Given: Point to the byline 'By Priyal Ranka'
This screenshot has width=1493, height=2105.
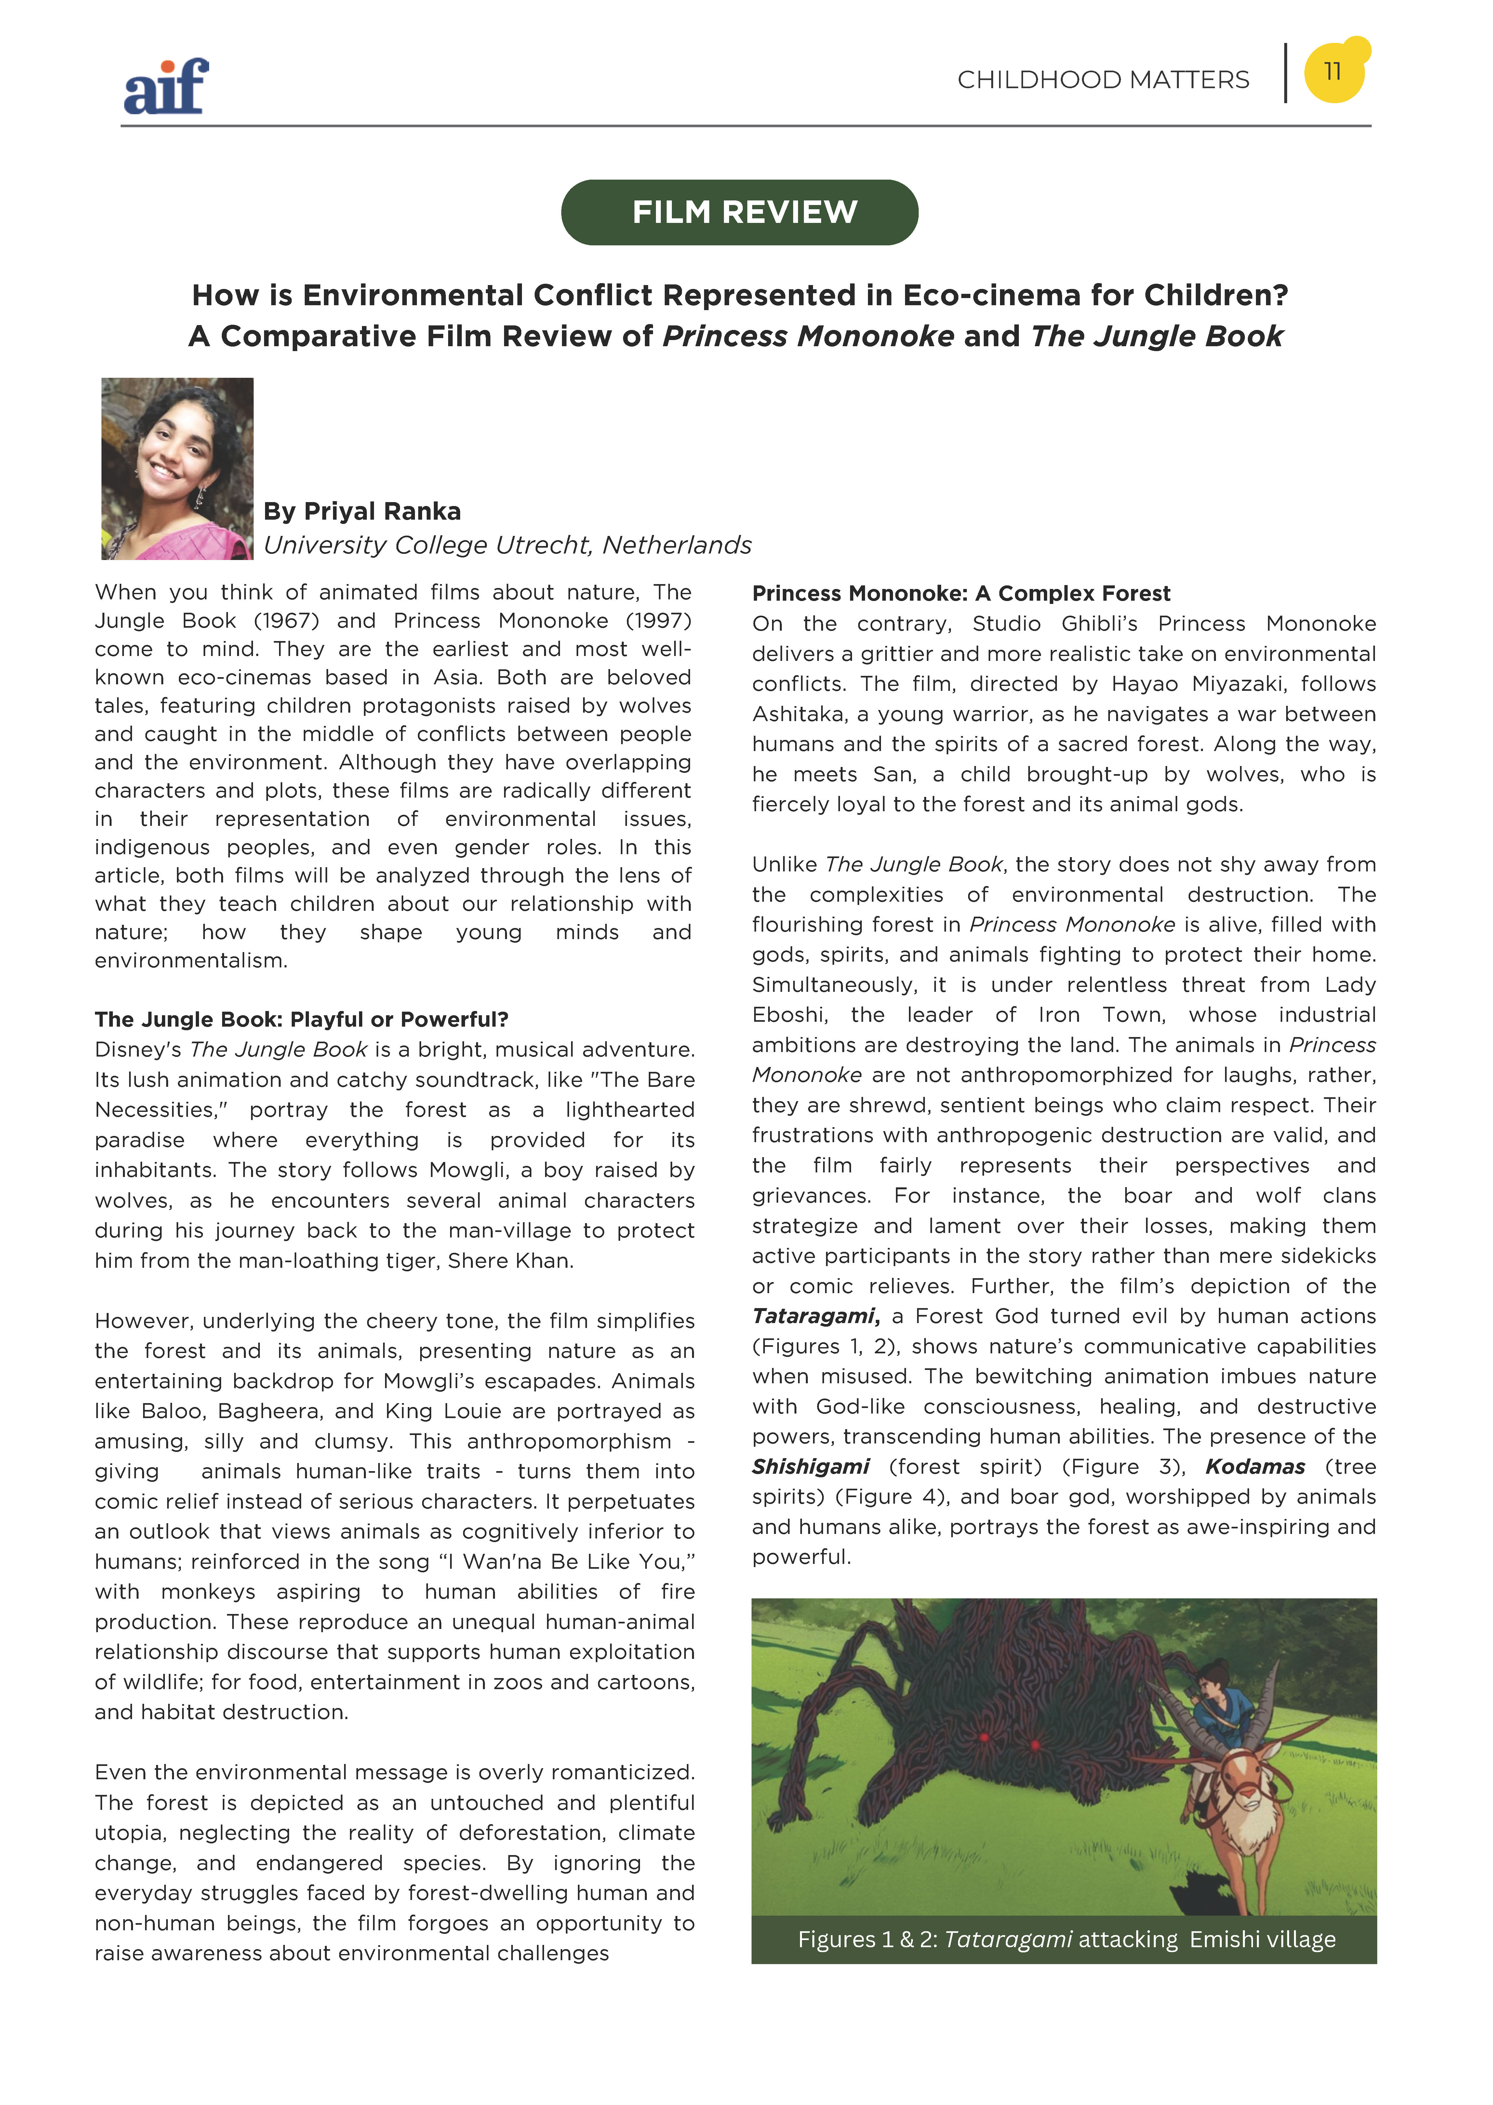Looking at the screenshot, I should pyautogui.click(x=362, y=511).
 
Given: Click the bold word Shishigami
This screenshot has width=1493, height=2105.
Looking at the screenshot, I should pyautogui.click(x=810, y=1467).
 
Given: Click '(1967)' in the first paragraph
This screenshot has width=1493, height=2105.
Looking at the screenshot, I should pyautogui.click(x=286, y=621).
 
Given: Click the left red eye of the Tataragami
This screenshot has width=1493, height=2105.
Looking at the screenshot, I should pyautogui.click(x=984, y=1737).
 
